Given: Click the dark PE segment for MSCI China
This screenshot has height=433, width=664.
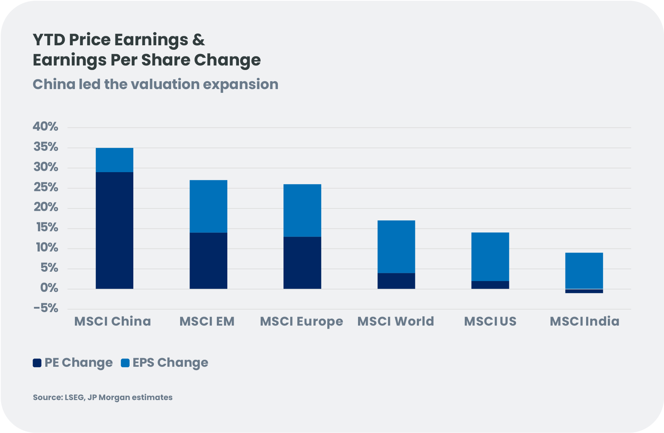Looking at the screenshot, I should click(x=115, y=230).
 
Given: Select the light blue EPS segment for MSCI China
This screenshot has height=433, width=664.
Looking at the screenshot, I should click(x=115, y=160).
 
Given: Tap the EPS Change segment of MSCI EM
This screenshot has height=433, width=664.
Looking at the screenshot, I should click(x=208, y=207).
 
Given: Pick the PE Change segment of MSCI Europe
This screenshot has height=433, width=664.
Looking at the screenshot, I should click(x=302, y=263).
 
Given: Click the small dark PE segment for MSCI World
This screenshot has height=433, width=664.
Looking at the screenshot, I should click(x=396, y=281).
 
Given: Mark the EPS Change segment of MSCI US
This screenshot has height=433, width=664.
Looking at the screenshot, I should click(x=490, y=257).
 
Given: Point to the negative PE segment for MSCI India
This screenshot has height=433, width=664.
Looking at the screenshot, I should click(x=584, y=291).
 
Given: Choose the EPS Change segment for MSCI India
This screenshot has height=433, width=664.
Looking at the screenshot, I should click(x=584, y=271).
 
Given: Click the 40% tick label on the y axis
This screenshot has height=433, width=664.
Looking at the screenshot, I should click(x=46, y=127).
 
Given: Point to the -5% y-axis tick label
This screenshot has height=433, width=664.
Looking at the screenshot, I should click(x=46, y=309).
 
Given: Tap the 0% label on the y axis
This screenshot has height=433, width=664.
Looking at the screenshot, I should click(x=49, y=288).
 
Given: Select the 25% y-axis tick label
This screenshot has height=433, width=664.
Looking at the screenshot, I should click(x=46, y=187).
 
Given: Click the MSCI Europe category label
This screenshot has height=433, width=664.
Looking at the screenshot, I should click(x=301, y=321).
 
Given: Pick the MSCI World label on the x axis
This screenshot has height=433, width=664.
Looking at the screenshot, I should click(x=396, y=321).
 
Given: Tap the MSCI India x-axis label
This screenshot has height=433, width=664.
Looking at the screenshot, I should click(x=584, y=321).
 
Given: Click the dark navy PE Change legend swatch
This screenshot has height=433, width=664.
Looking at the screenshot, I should click(x=37, y=363).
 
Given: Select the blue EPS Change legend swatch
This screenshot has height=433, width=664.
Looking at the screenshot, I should click(x=125, y=363).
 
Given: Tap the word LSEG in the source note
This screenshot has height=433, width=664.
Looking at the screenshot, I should click(x=75, y=397).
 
